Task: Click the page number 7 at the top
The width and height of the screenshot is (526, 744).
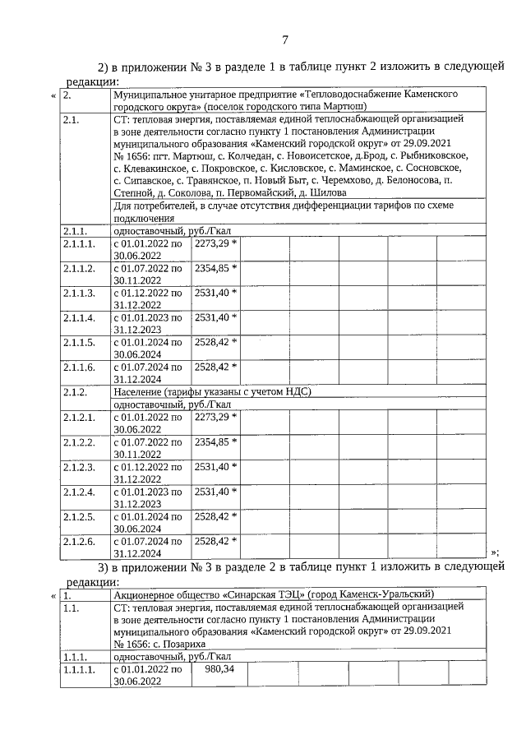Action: click(x=284, y=39)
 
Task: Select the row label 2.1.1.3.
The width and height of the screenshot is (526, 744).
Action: click(x=79, y=293)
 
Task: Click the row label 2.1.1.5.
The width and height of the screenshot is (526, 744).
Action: click(x=79, y=342)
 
